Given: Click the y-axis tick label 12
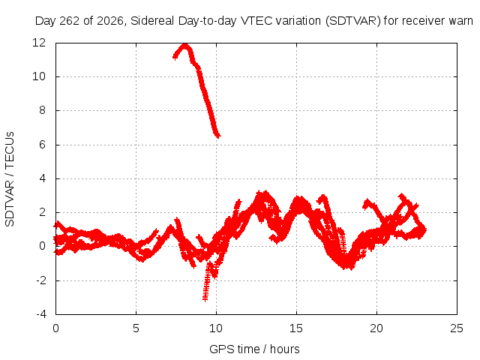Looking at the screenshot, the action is coord(39,43).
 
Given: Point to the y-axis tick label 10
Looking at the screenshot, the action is coord(39,76).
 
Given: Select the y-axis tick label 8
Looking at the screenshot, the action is coord(42,110).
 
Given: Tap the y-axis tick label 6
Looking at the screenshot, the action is coord(42,145).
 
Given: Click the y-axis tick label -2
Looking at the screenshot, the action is coord(40,280).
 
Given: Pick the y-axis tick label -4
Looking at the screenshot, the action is coord(40,314).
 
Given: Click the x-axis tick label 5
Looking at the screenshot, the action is coord(136,328).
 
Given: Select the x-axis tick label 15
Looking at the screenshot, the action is coord(296,328).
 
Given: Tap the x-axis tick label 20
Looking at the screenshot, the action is coord(376,328).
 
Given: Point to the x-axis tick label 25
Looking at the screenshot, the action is coord(457,328).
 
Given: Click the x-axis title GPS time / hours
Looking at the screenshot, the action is coord(254,349).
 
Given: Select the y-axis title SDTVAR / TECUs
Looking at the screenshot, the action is coord(10,179).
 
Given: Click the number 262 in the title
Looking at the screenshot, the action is coord(70,21).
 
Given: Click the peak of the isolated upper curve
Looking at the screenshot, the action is coord(185,45).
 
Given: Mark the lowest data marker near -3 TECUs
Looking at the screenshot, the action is coord(205,299).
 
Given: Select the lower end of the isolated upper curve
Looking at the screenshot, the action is coord(218,136).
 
